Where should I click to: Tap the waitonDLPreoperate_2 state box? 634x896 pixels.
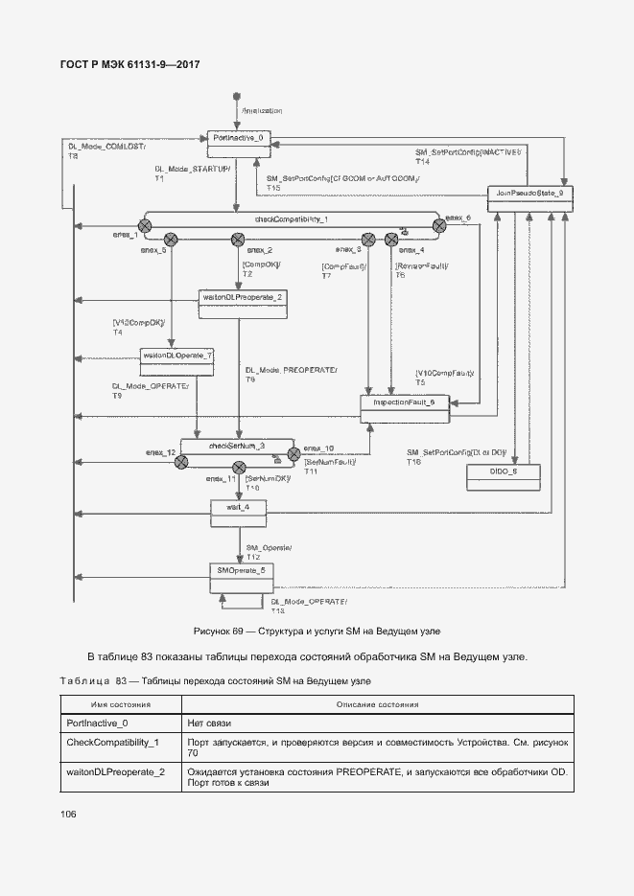[243, 298]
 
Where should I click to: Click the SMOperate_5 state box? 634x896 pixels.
[242, 571]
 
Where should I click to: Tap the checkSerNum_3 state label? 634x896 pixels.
[236, 446]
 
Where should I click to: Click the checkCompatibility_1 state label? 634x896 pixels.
[292, 219]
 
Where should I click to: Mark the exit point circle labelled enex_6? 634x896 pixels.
[439, 226]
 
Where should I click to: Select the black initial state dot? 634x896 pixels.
[237, 97]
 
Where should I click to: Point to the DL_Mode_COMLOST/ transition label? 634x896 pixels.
[105, 148]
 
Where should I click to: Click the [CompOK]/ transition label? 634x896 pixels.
[260, 264]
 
